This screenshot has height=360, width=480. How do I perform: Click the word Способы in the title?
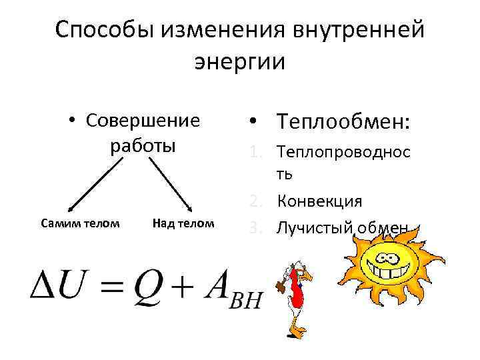[98, 30]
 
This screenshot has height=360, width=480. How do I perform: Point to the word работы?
[143, 145]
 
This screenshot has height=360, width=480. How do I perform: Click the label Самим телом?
[80, 223]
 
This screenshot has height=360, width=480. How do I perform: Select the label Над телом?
[183, 223]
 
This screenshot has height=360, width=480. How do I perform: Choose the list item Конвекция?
[320, 201]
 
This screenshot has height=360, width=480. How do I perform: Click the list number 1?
[255, 152]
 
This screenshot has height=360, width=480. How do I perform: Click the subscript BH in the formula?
[247, 299]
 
